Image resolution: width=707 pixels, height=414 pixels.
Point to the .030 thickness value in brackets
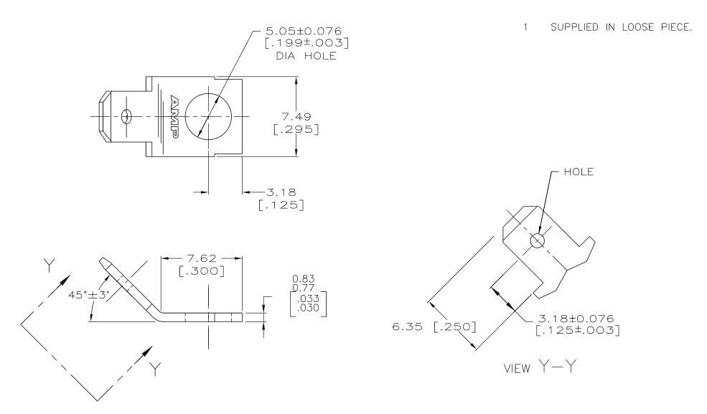[x=314, y=309]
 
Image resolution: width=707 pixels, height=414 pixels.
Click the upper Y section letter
[x=50, y=265]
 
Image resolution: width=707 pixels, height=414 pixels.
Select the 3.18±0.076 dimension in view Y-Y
[x=578, y=319]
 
